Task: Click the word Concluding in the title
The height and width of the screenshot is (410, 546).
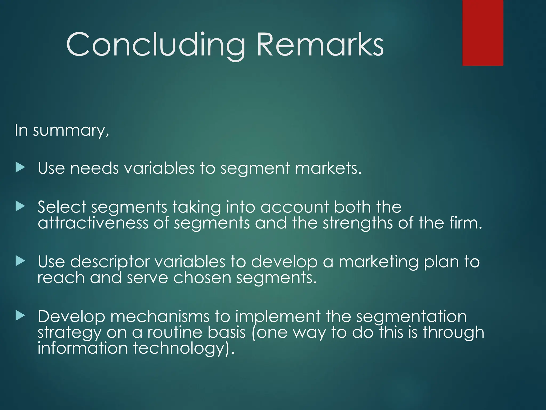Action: (x=155, y=45)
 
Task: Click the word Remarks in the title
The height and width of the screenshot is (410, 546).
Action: (x=320, y=45)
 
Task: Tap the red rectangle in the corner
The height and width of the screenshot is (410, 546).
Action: (x=483, y=33)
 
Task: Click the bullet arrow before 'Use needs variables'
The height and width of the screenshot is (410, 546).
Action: (x=20, y=168)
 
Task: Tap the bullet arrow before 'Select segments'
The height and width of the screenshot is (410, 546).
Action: (x=20, y=206)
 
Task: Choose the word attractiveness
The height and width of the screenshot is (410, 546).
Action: (x=93, y=223)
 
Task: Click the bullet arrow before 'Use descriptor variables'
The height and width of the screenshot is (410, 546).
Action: (x=20, y=261)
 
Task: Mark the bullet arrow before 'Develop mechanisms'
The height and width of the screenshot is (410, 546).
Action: (x=20, y=316)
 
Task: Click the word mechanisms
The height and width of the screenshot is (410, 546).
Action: (x=160, y=317)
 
